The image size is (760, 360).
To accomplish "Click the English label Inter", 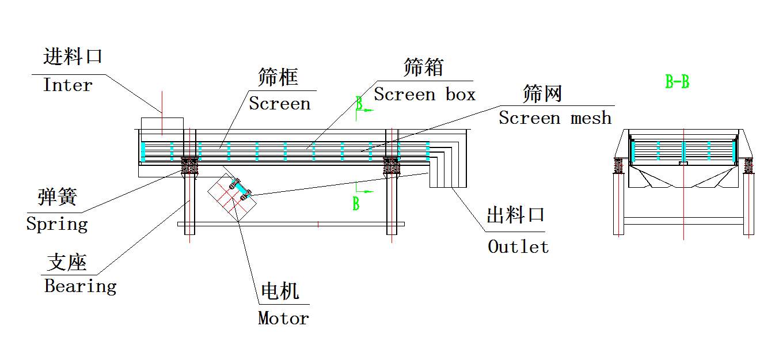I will [x=67, y=85].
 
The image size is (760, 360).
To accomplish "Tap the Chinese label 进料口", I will [x=73, y=57].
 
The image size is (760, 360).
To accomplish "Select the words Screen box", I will [x=424, y=94].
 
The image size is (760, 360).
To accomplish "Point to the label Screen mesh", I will [x=554, y=118].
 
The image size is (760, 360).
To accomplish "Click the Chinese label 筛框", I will [x=278, y=77].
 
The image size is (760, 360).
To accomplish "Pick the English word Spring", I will [x=57, y=224].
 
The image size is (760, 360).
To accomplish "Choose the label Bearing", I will [x=80, y=286].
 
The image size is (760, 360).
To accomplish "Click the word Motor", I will [x=283, y=318].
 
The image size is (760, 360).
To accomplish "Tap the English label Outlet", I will [x=518, y=247].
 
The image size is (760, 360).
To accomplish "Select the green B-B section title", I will [x=677, y=82].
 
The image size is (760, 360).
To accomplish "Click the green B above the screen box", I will [x=359, y=104].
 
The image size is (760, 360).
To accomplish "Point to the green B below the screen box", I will [x=356, y=203].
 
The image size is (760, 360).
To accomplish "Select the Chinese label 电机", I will [x=280, y=291].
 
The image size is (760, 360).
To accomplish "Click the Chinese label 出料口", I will [x=515, y=216].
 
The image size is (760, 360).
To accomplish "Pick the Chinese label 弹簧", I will [x=57, y=197].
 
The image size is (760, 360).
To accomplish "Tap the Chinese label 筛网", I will [x=542, y=93].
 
